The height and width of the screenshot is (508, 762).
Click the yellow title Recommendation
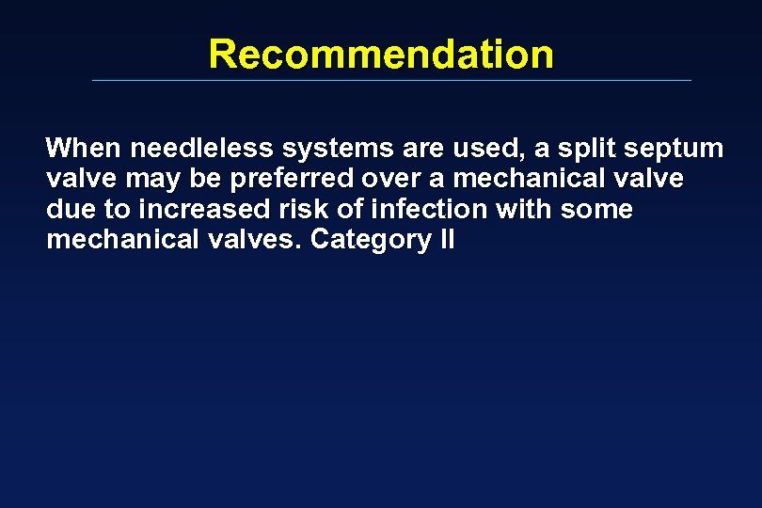click(381, 54)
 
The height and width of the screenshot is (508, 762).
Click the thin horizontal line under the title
click(390, 80)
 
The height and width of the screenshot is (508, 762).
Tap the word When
click(85, 149)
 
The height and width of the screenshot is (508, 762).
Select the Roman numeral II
click(447, 240)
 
